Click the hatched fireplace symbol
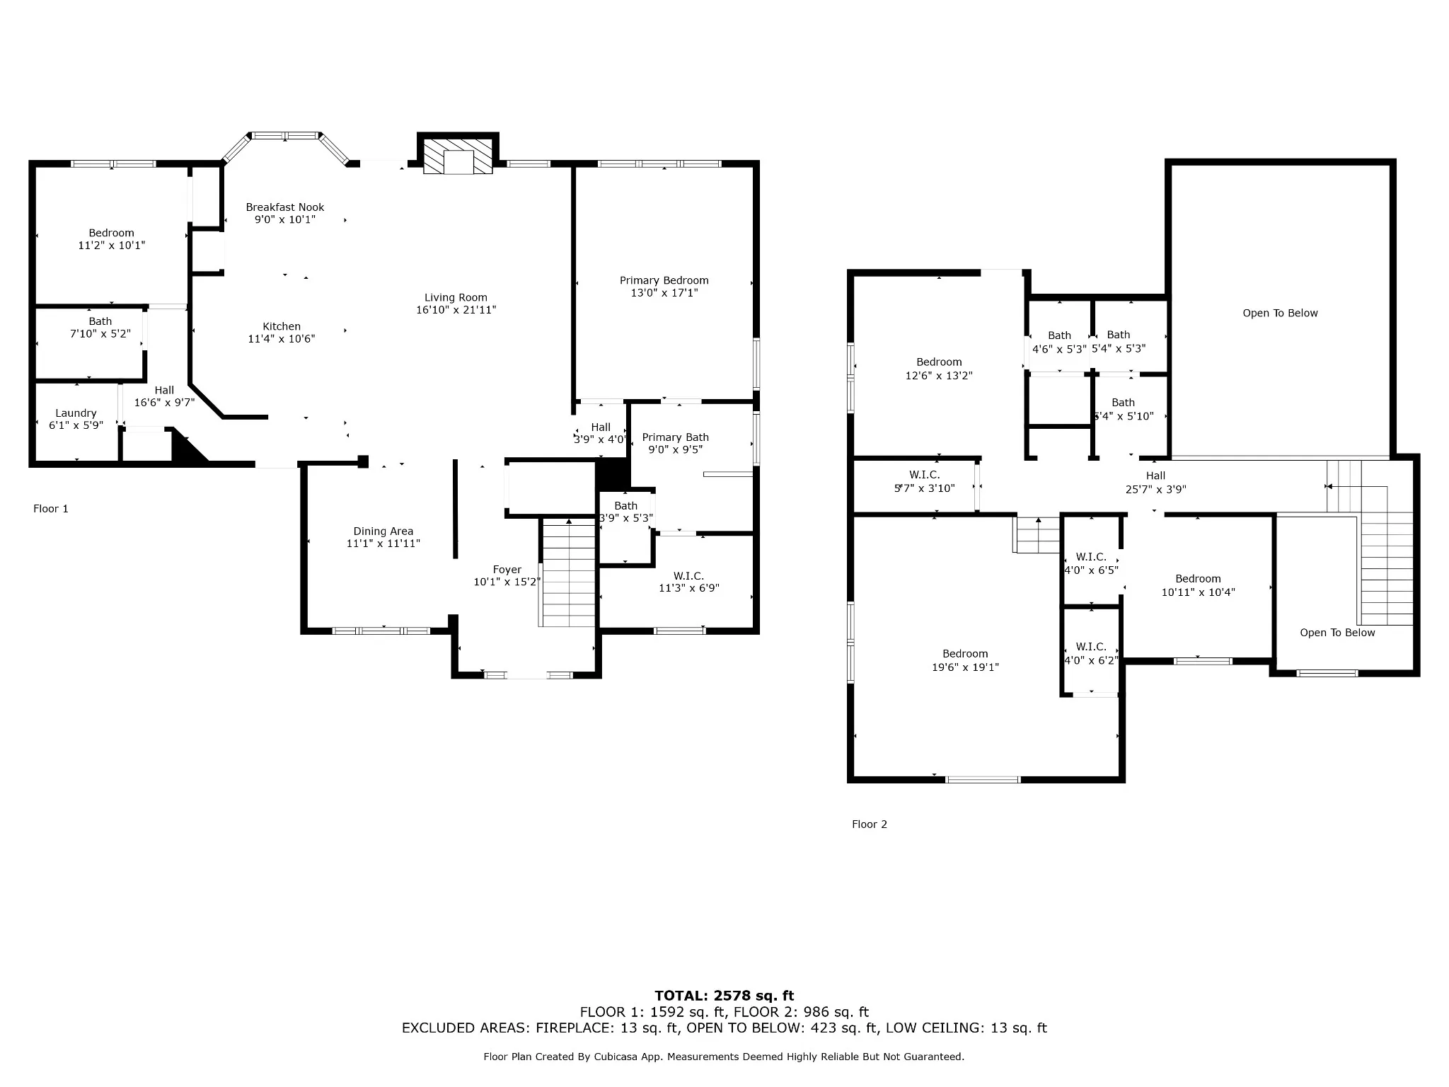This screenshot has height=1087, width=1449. tap(458, 156)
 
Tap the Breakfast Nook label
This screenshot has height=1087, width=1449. tap(285, 207)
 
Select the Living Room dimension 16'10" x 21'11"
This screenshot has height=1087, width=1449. tap(456, 310)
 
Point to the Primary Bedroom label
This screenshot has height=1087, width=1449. tap(664, 280)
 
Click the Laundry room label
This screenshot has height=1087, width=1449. tap(76, 413)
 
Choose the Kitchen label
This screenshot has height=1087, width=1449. tap(282, 326)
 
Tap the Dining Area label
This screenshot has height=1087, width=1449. tap(383, 531)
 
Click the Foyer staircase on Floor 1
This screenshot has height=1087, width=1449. tap(569, 573)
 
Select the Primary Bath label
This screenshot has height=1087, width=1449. tap(676, 437)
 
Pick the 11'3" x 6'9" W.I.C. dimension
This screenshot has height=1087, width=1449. tap(689, 588)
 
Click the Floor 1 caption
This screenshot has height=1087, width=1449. tap(51, 509)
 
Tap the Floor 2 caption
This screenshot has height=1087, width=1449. tap(870, 824)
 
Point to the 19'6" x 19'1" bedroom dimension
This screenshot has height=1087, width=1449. tap(966, 667)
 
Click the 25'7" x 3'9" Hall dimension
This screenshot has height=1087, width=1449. tap(1156, 489)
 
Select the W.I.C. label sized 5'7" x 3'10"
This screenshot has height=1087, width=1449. tap(925, 475)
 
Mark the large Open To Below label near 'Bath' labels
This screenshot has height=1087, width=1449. tap(1281, 314)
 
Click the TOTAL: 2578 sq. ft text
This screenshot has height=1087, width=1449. tap(724, 996)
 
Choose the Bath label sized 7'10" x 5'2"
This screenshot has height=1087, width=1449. tap(100, 321)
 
